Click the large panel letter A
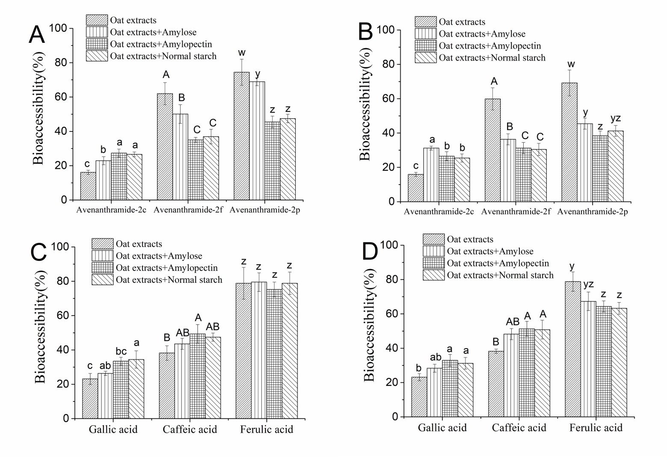37,35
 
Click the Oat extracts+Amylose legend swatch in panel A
97,32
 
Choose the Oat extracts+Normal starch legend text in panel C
169,280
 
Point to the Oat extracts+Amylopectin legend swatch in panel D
433,263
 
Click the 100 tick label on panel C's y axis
60,247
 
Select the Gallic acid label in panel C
113,429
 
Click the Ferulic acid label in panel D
596,427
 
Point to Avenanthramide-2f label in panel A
188,210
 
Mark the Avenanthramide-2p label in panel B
593,212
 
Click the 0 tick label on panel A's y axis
64,200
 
